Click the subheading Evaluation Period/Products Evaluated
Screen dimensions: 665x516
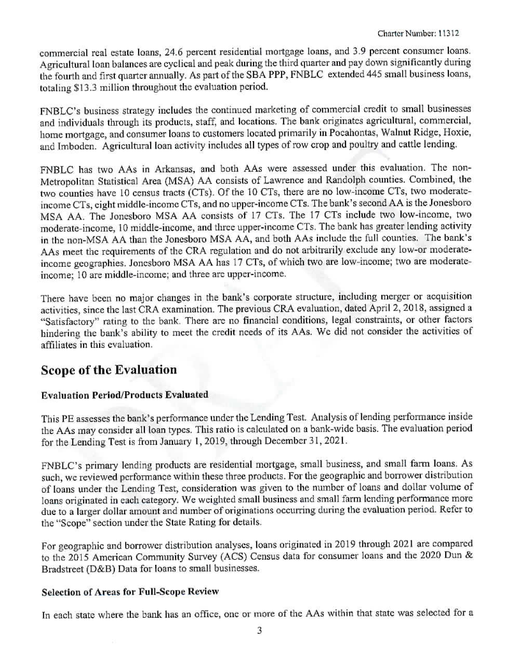(124, 394)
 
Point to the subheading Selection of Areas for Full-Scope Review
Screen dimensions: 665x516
(130, 592)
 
